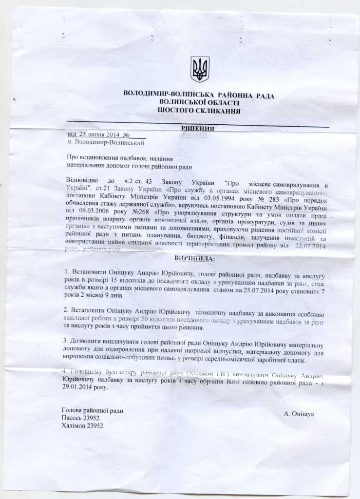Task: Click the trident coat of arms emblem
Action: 199,69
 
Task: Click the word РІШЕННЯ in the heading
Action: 198,129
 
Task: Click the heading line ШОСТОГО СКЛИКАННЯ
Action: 199,111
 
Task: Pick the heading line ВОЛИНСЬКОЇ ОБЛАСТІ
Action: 199,103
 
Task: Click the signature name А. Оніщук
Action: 299,414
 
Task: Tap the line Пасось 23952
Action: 81,418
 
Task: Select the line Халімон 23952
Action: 83,425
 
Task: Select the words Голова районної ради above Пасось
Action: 93,411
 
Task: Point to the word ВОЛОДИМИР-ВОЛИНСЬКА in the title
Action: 162,95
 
